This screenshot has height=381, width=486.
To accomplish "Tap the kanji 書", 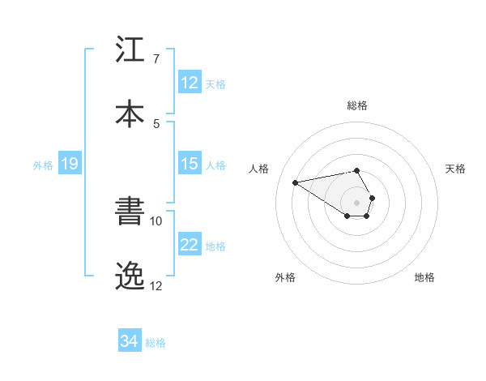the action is pyautogui.click(x=131, y=212).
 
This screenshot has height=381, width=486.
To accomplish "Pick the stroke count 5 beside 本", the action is pyautogui.click(x=156, y=123).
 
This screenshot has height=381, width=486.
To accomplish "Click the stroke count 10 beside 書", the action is pyautogui.click(x=156, y=220).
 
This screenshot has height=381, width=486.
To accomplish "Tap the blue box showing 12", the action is pyautogui.click(x=190, y=83).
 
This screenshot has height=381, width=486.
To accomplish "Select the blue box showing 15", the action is pyautogui.click(x=190, y=164).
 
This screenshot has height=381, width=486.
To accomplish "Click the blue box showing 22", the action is pyautogui.click(x=190, y=245).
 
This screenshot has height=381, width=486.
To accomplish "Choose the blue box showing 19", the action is pyautogui.click(x=70, y=165).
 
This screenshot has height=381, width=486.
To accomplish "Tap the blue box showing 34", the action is pyautogui.click(x=130, y=341).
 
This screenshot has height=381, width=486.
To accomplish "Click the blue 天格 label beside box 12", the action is pyautogui.click(x=215, y=83).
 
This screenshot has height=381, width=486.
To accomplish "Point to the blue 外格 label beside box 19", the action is pyautogui.click(x=43, y=165).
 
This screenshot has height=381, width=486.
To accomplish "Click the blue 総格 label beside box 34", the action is pyautogui.click(x=156, y=343).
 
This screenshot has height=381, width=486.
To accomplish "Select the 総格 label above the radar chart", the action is pyautogui.click(x=357, y=105).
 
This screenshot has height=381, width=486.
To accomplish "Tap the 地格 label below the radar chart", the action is pyautogui.click(x=424, y=277).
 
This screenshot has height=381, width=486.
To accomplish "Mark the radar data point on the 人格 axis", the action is pyautogui.click(x=296, y=182).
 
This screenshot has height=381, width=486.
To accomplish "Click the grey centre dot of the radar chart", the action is pyautogui.click(x=356, y=202).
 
